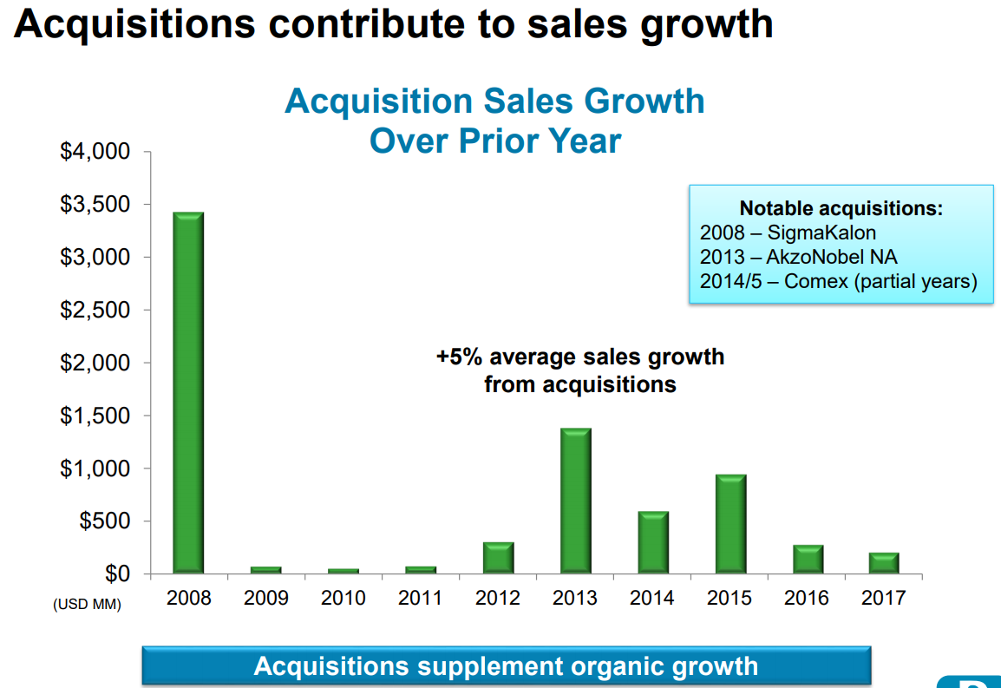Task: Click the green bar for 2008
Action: pos(188,392)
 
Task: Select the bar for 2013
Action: pos(575,501)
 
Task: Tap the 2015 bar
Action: pos(730,524)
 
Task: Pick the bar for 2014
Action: pos(653,542)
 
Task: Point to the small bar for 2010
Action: pos(343,571)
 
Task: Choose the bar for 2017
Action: pos(884,563)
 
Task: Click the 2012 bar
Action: pos(499,558)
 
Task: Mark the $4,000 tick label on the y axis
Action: pos(95,153)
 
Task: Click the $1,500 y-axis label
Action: pos(95,416)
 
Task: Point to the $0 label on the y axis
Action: pos(117,573)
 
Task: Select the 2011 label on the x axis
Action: pos(421,598)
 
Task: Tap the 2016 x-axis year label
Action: pos(807,598)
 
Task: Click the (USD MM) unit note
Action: pos(87,603)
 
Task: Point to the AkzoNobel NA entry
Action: pos(831,257)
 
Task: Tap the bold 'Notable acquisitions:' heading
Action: pos(841,208)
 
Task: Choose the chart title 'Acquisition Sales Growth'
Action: pos(494,102)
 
